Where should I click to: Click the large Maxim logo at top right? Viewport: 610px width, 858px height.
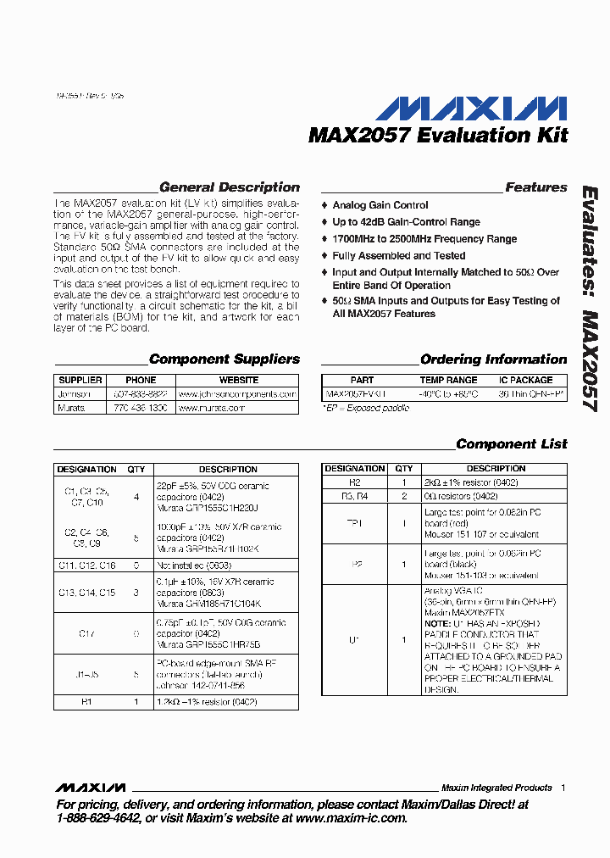(471, 108)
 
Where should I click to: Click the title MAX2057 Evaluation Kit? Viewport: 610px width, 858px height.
(438, 135)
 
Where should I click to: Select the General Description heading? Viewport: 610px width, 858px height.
(229, 187)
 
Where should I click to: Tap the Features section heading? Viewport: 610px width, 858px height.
(535, 187)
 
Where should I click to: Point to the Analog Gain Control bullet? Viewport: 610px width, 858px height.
(380, 205)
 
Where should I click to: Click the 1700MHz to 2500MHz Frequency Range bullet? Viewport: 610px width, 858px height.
(424, 239)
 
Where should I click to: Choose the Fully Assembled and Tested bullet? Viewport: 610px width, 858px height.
(398, 255)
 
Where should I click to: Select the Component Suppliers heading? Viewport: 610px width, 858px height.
(224, 359)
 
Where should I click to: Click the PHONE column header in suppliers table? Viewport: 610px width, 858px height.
(141, 380)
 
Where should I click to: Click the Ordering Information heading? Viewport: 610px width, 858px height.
(493, 359)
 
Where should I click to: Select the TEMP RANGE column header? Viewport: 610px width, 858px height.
(448, 380)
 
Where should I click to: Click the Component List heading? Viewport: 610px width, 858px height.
(511, 444)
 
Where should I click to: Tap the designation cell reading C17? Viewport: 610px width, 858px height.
(86, 632)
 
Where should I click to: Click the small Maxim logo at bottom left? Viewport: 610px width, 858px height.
(91, 788)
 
